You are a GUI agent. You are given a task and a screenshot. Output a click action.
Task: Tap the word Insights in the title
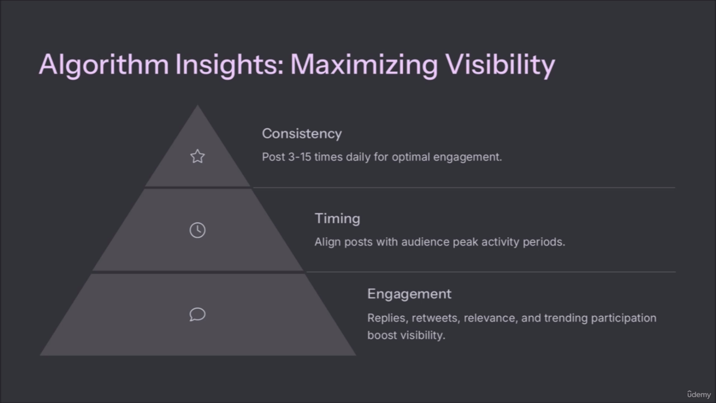(230, 65)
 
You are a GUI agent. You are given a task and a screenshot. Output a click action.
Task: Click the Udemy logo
(699, 394)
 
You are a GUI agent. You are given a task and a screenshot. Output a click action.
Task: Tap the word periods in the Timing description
(544, 242)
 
